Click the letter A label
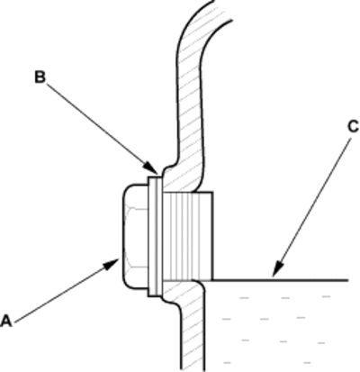(6, 321)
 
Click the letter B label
(40, 77)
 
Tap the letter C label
(353, 127)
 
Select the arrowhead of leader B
(151, 168)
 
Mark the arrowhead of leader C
(278, 268)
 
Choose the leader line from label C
(312, 207)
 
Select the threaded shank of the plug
(188, 236)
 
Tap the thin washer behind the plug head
(156, 237)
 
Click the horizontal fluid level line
(280, 280)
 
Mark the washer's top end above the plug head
(156, 177)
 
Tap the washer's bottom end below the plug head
(156, 295)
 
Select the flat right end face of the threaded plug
(212, 236)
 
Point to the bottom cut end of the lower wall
(193, 368)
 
